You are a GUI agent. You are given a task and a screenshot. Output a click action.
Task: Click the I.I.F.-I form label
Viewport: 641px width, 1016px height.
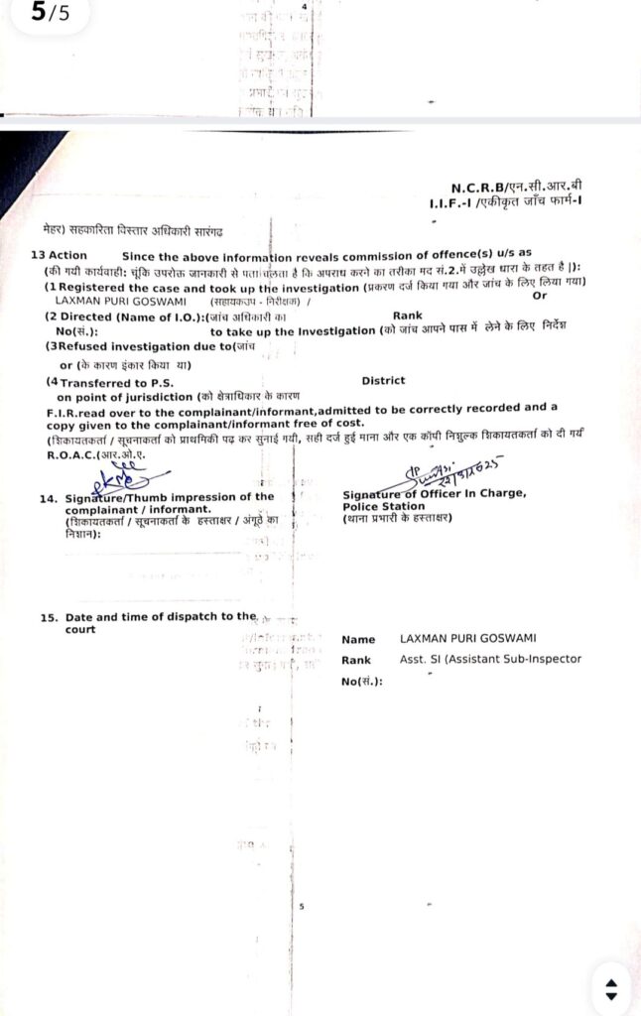coord(448,202)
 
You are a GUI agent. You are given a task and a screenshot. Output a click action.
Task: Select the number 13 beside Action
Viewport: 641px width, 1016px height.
coord(37,255)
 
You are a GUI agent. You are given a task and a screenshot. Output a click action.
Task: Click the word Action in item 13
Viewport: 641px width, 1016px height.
coord(67,255)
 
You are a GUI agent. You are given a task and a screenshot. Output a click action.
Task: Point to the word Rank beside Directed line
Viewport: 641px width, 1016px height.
coord(407,316)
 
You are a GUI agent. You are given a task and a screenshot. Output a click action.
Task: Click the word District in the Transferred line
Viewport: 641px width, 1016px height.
coord(383,380)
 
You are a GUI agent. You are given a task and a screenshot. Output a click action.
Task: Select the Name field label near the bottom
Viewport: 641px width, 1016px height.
coord(358,640)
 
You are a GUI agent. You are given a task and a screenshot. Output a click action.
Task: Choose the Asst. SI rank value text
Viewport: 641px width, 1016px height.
coord(490,659)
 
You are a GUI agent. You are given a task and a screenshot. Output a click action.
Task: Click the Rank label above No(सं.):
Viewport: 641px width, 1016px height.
coord(356,660)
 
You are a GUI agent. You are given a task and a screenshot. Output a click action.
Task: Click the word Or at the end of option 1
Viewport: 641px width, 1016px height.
coord(540,296)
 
